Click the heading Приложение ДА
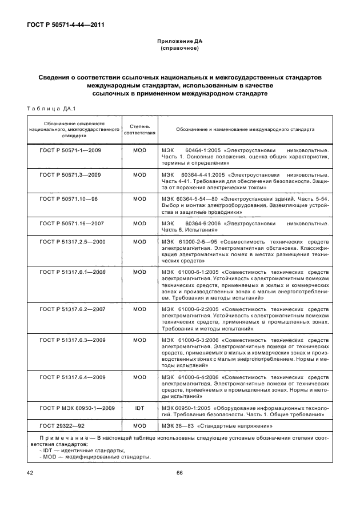click(x=179, y=42)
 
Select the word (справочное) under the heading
click(x=179, y=49)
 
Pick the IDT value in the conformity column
click(x=139, y=408)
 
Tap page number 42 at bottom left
click(x=30, y=472)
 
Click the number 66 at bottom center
click(x=179, y=472)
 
